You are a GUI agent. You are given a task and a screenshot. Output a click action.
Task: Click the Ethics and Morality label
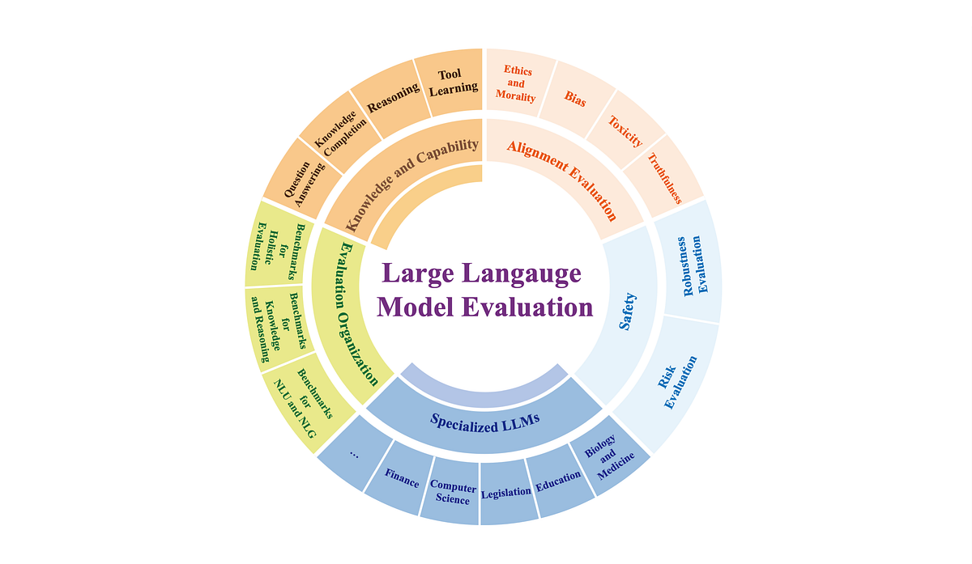[x=518, y=84]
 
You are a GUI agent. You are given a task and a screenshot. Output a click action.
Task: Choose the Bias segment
[x=575, y=103]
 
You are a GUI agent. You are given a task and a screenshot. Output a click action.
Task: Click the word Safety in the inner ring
[x=628, y=312]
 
